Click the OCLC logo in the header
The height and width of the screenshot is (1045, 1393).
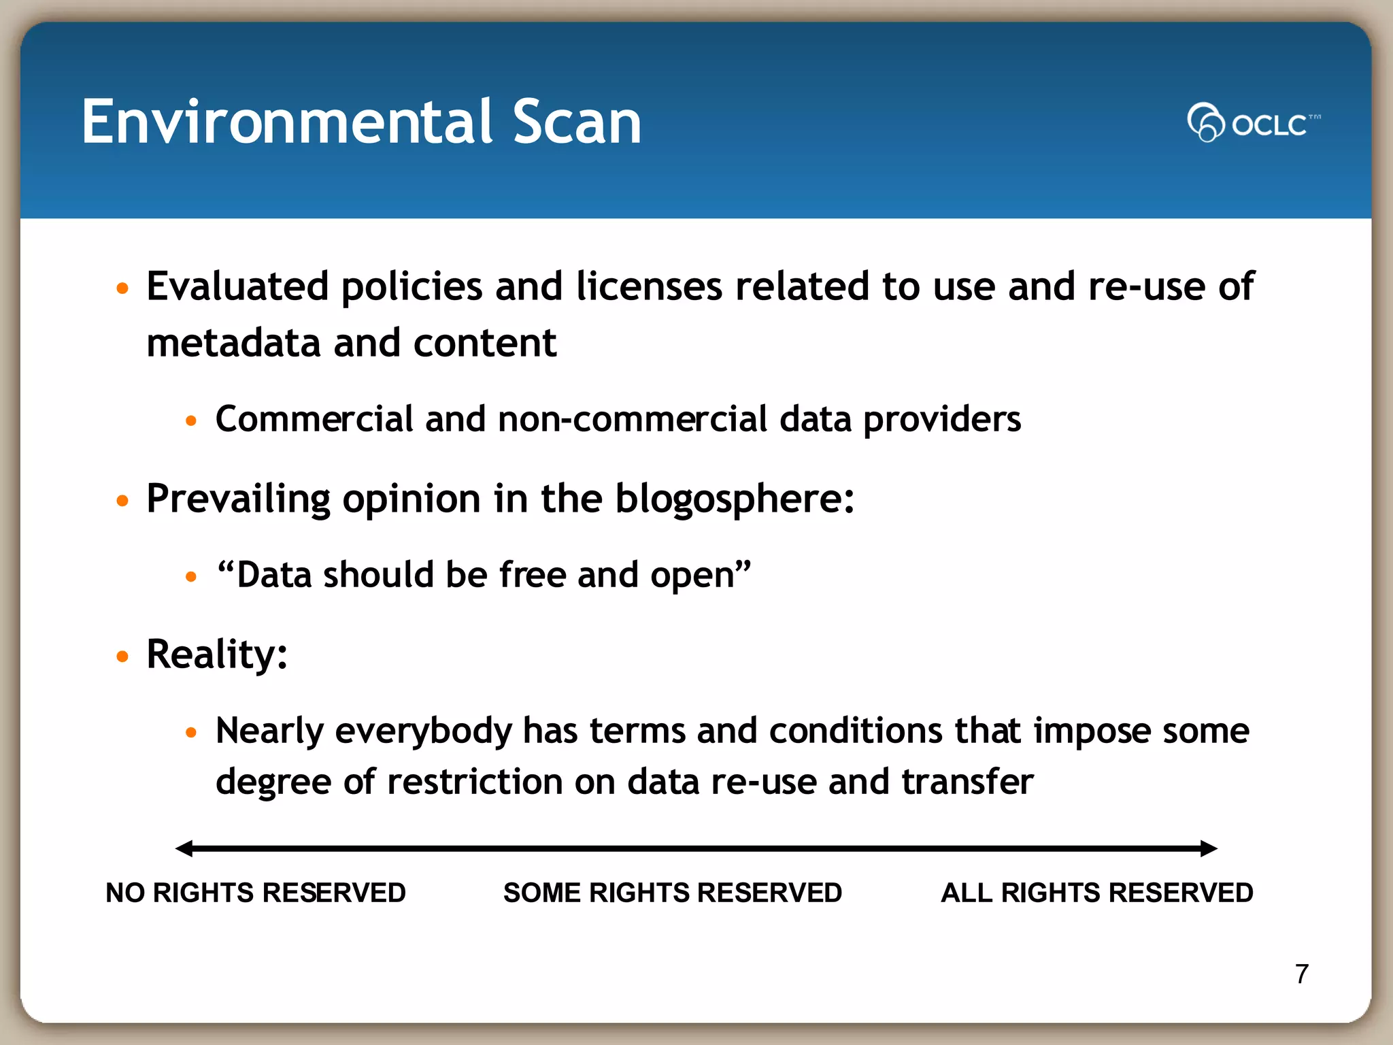click(x=1253, y=123)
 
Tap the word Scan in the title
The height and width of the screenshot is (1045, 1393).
click(x=576, y=122)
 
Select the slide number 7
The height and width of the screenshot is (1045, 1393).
click(x=1301, y=974)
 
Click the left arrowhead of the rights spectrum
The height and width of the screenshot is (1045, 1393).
click(x=184, y=848)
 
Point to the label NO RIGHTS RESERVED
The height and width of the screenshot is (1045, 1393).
click(x=256, y=893)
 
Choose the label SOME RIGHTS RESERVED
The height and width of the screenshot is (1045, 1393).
click(x=672, y=893)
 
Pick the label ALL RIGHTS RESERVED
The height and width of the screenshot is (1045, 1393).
click(x=1096, y=893)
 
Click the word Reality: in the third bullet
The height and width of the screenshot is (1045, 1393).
click(x=217, y=654)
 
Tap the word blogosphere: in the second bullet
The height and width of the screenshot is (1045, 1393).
click(x=735, y=499)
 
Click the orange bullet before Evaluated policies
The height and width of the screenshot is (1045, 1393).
click(x=122, y=288)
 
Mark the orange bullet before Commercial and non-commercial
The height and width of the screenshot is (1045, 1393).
click(x=191, y=421)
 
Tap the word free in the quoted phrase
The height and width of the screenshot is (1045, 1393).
click(x=532, y=575)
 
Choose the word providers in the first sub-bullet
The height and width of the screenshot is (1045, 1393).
click(x=942, y=420)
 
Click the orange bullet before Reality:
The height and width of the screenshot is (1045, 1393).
click(x=122, y=657)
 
